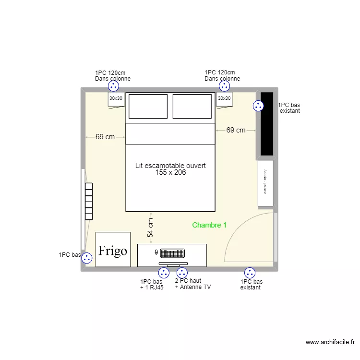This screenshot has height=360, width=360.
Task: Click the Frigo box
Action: (x=113, y=250)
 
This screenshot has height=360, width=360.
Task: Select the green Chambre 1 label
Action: (x=209, y=225)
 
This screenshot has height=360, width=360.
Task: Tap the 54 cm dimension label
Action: (x=151, y=228)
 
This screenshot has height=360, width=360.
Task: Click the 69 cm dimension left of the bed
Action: (x=105, y=137)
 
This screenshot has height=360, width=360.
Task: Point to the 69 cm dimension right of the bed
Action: (x=236, y=130)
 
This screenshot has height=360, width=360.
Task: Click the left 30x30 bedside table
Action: (x=116, y=99)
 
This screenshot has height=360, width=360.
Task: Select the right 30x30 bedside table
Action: (x=224, y=99)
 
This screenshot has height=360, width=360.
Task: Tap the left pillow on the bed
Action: (x=148, y=106)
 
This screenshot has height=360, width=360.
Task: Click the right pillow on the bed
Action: (x=192, y=106)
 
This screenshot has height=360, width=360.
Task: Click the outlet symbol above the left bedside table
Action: (x=113, y=86)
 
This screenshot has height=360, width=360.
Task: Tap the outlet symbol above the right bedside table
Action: (x=224, y=86)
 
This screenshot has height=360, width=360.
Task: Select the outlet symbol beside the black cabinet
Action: (x=258, y=106)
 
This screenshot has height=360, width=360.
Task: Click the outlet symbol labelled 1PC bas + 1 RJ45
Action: (x=164, y=273)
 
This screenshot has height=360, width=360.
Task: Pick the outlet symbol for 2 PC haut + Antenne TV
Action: (x=182, y=273)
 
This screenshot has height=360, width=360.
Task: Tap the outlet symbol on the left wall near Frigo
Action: (x=87, y=258)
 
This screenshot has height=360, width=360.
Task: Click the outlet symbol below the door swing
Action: (x=250, y=273)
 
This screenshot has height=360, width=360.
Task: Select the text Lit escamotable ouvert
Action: (x=170, y=166)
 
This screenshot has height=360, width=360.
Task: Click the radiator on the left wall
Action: (x=89, y=201)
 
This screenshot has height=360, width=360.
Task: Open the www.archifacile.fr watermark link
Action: (x=330, y=342)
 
